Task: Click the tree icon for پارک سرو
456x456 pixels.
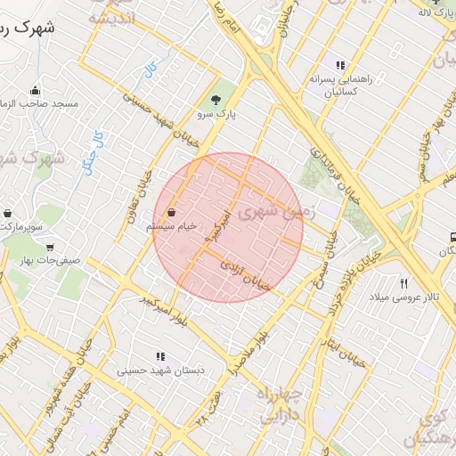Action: pos(215,100)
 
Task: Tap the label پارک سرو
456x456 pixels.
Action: pos(216,116)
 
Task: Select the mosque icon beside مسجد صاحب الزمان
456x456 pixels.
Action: pos(36,90)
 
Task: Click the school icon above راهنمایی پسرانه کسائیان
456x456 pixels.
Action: pos(339,65)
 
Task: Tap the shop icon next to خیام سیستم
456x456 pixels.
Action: pos(170,213)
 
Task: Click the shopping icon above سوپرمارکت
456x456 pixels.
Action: pos(8,215)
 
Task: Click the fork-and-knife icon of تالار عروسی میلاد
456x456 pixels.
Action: pos(403,282)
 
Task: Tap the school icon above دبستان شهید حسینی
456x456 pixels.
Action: pos(160,356)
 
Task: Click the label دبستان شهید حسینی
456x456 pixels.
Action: pos(153,370)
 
